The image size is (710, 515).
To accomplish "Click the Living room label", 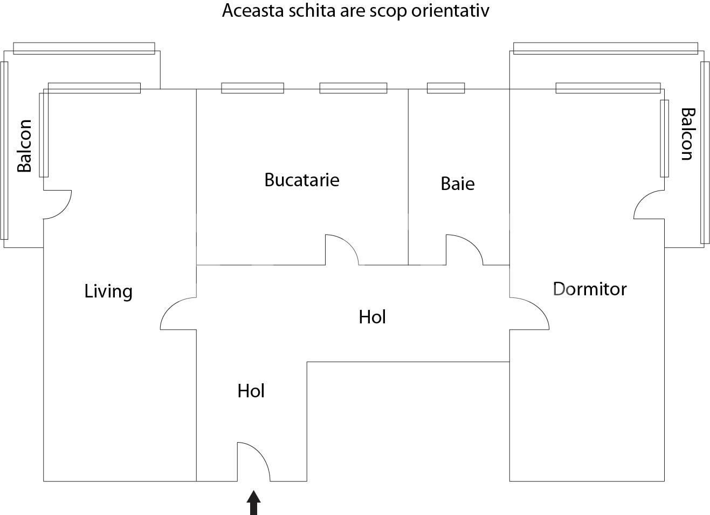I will click(x=108, y=292).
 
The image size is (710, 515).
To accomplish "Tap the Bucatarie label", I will click(x=301, y=180).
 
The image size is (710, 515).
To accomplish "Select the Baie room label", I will click(x=457, y=184).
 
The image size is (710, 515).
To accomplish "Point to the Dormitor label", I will click(x=590, y=289).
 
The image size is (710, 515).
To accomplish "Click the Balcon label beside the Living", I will click(x=24, y=146).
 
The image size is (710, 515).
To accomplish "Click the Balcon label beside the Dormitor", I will click(x=687, y=134).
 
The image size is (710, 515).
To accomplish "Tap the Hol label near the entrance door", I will click(x=251, y=391).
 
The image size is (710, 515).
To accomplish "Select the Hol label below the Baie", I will click(x=372, y=317).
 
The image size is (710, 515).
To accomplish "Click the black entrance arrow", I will click(x=253, y=503).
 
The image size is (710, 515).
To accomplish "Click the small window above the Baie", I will click(x=446, y=88).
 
